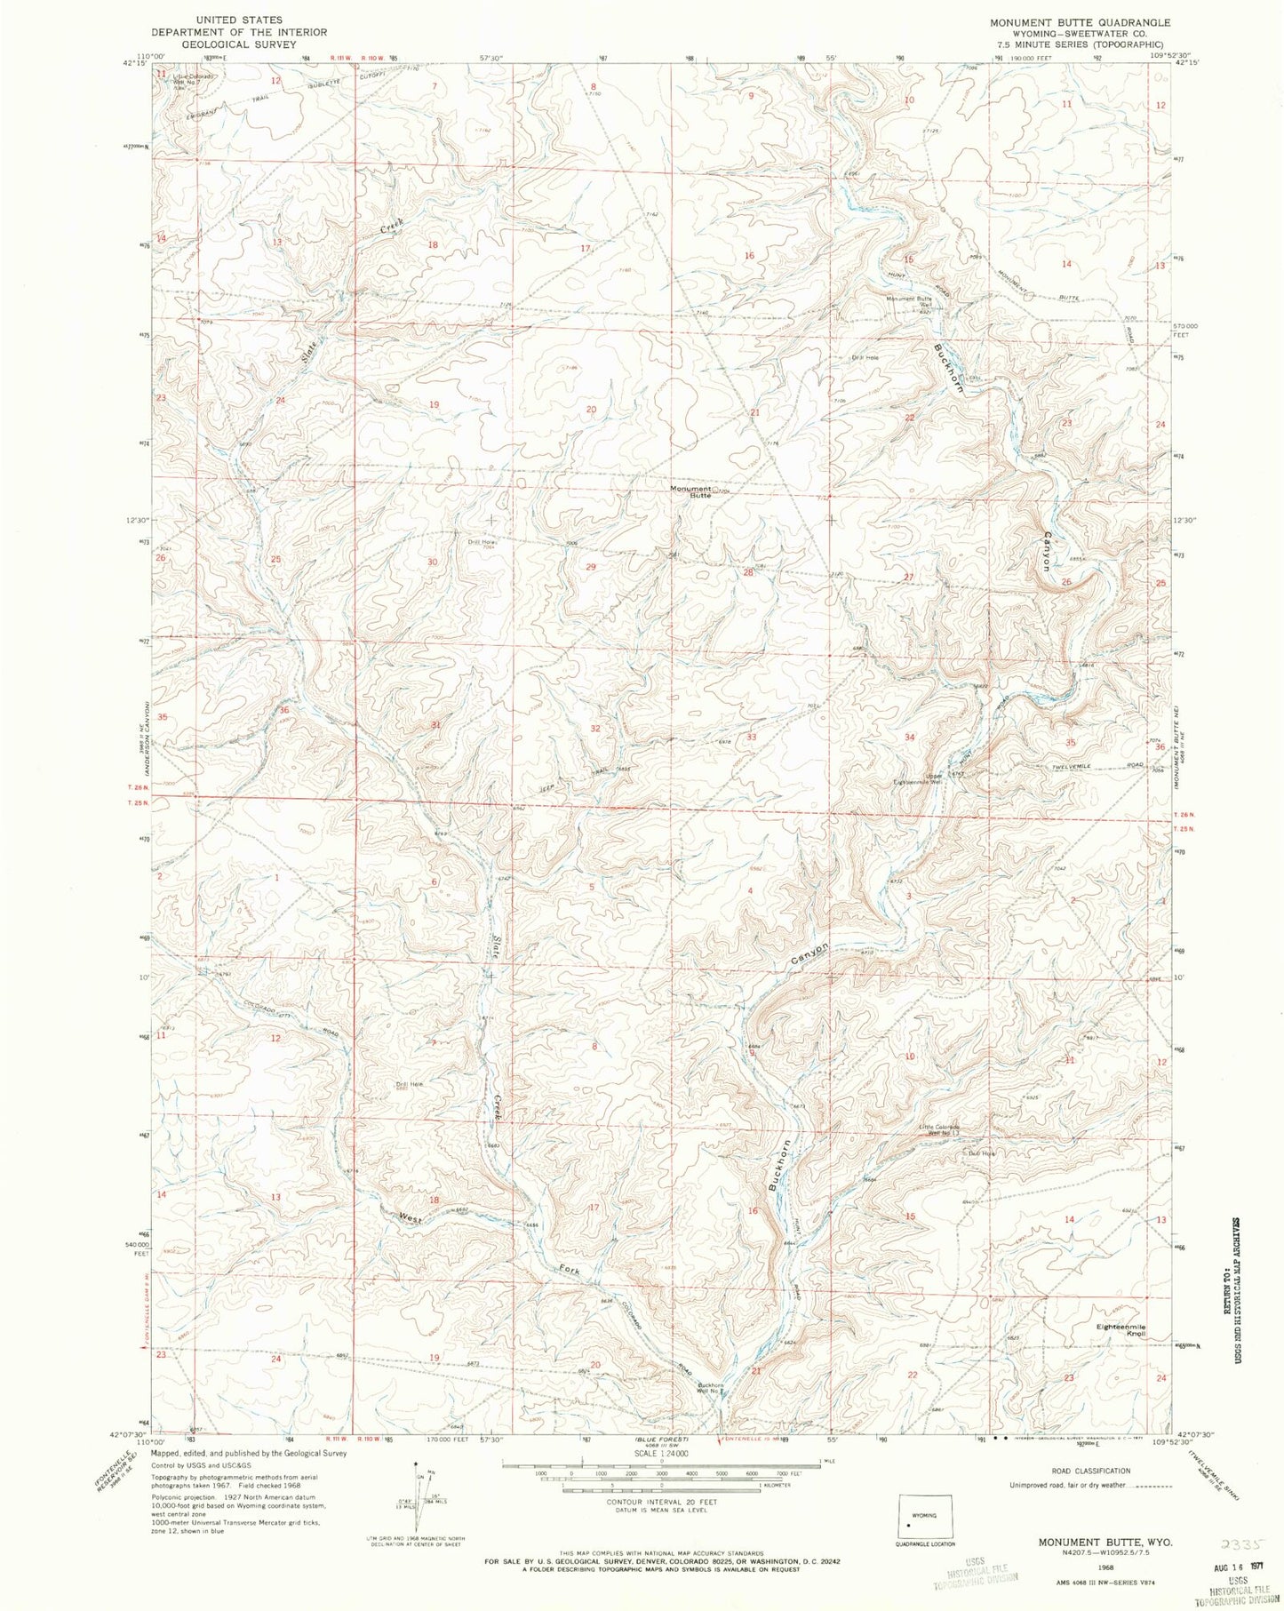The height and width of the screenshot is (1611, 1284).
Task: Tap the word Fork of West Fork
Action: click(x=569, y=1272)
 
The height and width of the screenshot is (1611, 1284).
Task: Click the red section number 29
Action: click(x=590, y=567)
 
